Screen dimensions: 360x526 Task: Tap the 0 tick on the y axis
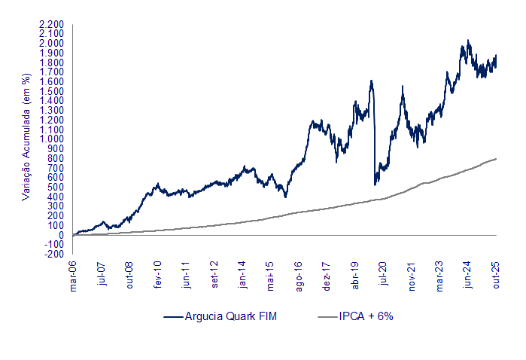pyautogui.click(x=61, y=235)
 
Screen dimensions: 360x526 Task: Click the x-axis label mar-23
pyautogui.click(x=440, y=276)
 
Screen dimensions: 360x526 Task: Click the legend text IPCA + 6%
pyautogui.click(x=365, y=316)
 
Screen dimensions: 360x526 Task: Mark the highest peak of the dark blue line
pyautogui.click(x=467, y=41)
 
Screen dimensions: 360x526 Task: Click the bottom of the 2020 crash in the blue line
pyautogui.click(x=375, y=185)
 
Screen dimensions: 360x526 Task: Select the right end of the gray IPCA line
pyautogui.click(x=496, y=158)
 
